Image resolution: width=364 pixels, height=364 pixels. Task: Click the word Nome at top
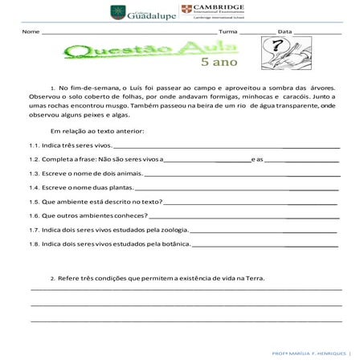tap(31, 32)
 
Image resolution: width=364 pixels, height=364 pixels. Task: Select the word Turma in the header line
tap(228, 32)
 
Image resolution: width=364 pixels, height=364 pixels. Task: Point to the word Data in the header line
tap(284, 32)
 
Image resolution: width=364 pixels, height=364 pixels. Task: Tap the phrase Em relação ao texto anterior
tap(97, 130)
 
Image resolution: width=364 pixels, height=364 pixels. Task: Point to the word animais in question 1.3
tap(125, 174)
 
